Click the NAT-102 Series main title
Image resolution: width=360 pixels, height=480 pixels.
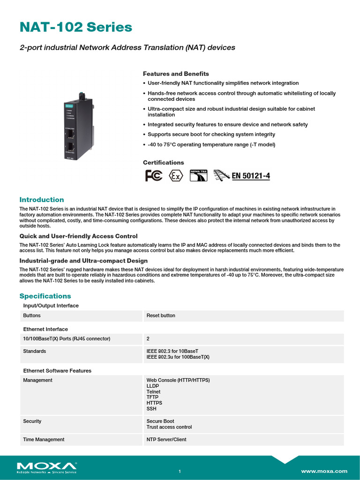point(75,28)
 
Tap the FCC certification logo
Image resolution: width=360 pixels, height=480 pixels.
point(154,176)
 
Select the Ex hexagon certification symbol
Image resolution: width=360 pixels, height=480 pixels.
point(176,176)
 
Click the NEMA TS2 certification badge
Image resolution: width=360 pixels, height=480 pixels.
point(198,176)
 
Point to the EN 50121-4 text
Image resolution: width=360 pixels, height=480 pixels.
point(251,176)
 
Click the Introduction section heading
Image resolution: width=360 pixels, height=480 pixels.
point(41,200)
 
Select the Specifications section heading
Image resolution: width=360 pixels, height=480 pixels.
point(45,296)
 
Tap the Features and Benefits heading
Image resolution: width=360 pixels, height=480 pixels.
point(176,74)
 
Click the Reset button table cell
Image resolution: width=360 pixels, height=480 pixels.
point(161,316)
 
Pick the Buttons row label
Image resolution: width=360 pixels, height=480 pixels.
point(32,316)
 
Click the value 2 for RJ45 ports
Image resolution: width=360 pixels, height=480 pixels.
point(148,338)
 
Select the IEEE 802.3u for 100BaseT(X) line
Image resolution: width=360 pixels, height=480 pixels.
point(178,357)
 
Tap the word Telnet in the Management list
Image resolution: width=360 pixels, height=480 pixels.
point(153,392)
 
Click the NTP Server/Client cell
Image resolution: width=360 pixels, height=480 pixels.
point(166,440)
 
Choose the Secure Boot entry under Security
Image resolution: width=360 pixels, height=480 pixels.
point(160,421)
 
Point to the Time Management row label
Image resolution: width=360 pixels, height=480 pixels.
point(44,440)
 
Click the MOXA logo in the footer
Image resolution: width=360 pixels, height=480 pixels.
point(46,467)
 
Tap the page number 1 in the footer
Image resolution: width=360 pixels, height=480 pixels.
point(180,472)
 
